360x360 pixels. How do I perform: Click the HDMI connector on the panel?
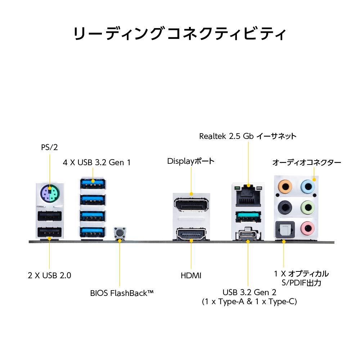191,234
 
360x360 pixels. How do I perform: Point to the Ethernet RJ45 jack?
248,195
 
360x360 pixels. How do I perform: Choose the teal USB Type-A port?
248,217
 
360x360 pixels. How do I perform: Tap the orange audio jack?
285,186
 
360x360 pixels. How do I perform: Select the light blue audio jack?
308,186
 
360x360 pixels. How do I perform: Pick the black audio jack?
285,208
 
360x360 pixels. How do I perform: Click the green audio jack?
308,208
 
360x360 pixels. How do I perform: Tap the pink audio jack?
308,228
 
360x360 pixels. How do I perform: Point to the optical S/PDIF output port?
285,230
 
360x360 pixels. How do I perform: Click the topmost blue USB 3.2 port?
93,183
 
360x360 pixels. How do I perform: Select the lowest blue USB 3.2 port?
93,232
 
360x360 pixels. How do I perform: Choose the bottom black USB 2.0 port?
50,233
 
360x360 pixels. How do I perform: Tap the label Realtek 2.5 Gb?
226,136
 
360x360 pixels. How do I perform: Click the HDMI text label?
191,275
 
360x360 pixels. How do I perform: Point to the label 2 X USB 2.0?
49,275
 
